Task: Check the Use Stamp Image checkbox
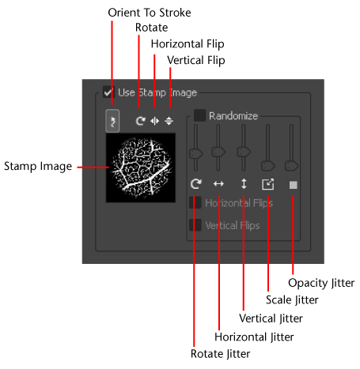pos(108,92)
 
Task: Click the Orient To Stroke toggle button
pos(112,121)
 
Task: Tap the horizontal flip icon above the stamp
pos(154,121)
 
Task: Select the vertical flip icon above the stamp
pos(169,121)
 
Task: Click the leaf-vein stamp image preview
pos(141,168)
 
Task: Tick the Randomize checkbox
pos(199,115)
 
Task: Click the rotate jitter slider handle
pos(196,153)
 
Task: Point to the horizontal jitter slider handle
pos(218,152)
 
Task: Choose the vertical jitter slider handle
pos(244,152)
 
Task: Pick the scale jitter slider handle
pos(268,166)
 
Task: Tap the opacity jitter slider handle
pos(292,166)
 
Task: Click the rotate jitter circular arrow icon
pos(196,183)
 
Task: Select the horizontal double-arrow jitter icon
pos(218,183)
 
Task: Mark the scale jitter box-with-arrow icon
pos(268,184)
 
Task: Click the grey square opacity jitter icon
pos(294,185)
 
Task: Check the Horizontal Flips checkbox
pos(195,202)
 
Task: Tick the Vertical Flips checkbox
pos(195,225)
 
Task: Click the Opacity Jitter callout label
pos(321,283)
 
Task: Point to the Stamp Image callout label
pos(38,167)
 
